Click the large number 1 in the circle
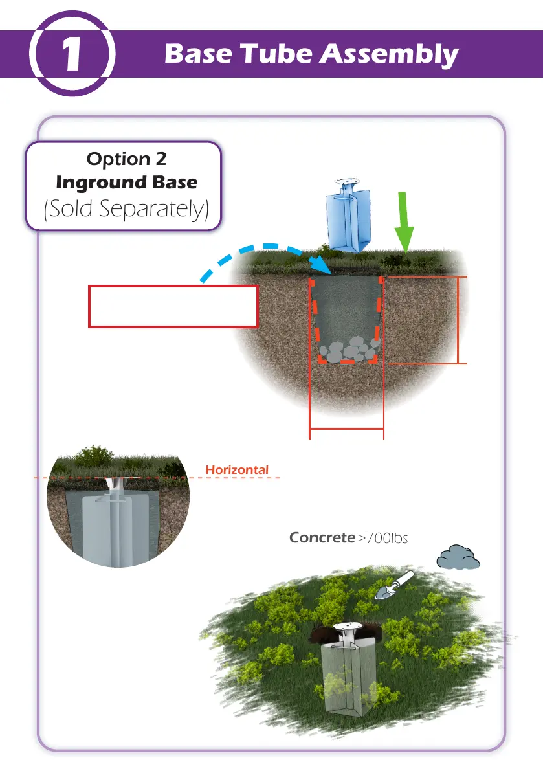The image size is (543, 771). pyautogui.click(x=71, y=56)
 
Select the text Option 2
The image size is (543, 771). pyautogui.click(x=126, y=159)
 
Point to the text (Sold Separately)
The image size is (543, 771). pyautogui.click(x=126, y=210)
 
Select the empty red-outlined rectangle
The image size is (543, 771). pyautogui.click(x=173, y=306)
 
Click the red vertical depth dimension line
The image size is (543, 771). pyautogui.click(x=458, y=320)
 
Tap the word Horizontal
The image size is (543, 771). pyautogui.click(x=236, y=469)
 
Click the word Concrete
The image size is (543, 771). pyautogui.click(x=322, y=537)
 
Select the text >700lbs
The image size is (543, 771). pyautogui.click(x=382, y=538)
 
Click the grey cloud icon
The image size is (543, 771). pyautogui.click(x=458, y=557)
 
